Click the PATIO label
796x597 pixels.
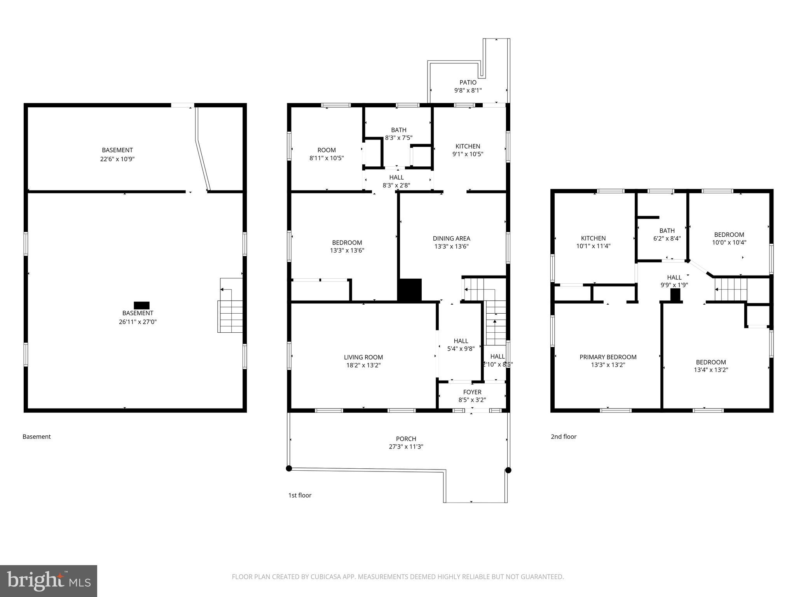coord(468,82)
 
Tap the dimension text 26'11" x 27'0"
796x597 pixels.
coord(138,322)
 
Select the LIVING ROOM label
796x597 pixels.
coord(363,357)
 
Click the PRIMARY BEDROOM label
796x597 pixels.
coord(608,357)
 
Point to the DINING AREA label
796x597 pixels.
coord(451,238)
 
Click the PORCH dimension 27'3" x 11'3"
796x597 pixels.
coord(406,447)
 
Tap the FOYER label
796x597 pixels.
coord(472,392)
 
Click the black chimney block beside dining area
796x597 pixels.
coord(410,290)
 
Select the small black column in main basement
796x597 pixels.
coord(141,305)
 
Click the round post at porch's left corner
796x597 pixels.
coord(289,468)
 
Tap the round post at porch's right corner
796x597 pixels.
coord(508,470)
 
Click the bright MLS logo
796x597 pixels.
coord(49,581)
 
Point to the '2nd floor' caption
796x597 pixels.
coord(563,436)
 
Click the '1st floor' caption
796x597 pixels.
coord(300,495)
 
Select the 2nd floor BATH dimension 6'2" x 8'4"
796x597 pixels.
coord(667,239)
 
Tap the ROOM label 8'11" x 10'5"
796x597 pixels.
coord(326,150)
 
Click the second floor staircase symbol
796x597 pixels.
coord(731,290)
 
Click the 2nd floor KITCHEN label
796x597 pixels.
coord(593,238)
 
